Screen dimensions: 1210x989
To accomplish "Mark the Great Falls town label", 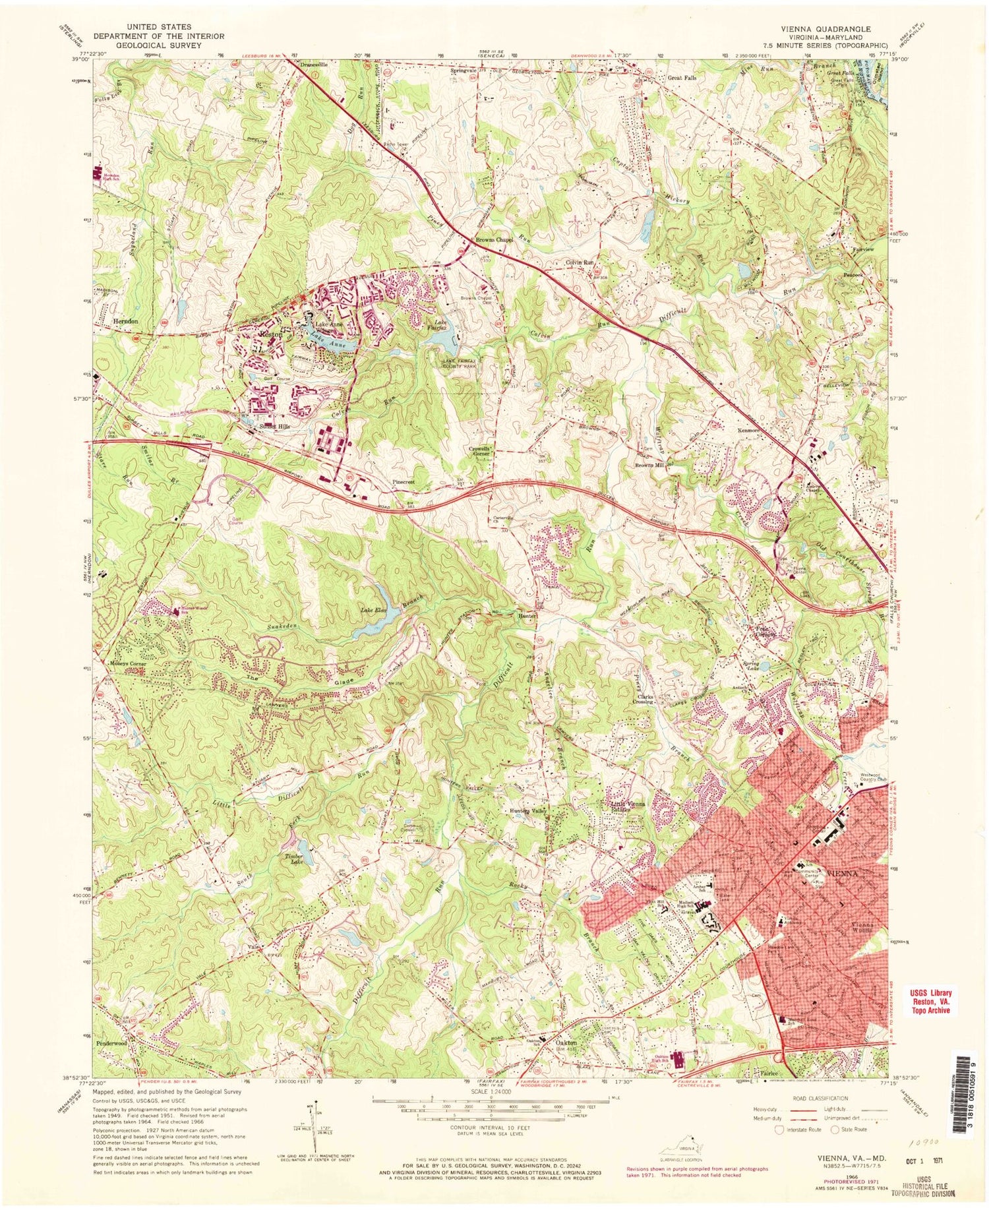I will [682, 77].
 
